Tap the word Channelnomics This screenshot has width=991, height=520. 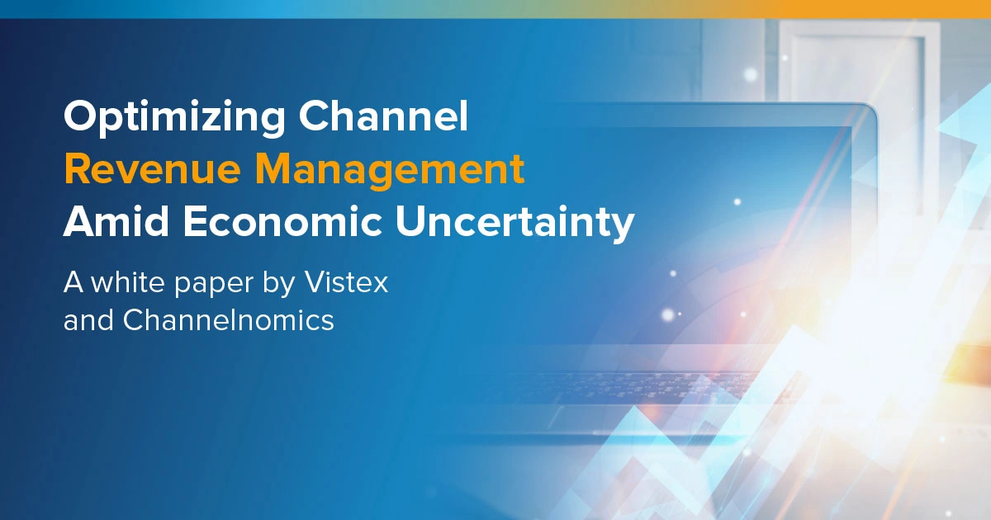coord(228,320)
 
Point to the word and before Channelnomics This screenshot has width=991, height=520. coord(88,320)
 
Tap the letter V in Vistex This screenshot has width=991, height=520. coord(315,283)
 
